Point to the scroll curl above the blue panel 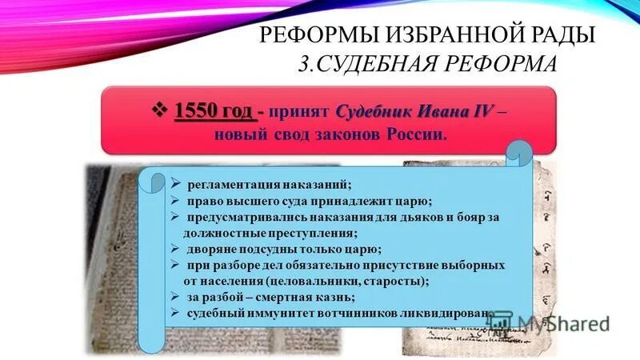click(x=518, y=152)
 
